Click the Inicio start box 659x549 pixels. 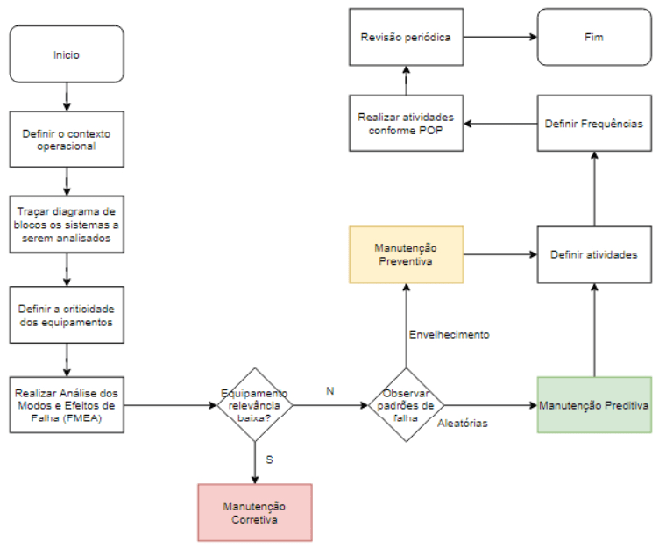67,54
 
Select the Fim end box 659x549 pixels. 595,38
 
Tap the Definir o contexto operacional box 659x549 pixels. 67,139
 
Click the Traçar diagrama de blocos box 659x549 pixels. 67,225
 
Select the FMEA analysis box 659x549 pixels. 67,405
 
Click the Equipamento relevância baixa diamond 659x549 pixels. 254,406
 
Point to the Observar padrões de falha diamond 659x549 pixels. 405,406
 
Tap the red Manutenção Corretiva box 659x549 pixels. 254,512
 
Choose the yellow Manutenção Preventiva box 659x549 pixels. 406,254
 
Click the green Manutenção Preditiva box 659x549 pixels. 594,405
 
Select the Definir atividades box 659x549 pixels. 594,254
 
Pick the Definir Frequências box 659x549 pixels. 594,124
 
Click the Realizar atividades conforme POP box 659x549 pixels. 406,124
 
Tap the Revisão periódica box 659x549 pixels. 406,38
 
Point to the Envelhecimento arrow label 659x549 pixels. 449,334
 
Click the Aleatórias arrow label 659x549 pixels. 463,424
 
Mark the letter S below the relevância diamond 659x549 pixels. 270,459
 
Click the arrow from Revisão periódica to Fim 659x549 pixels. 500,38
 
